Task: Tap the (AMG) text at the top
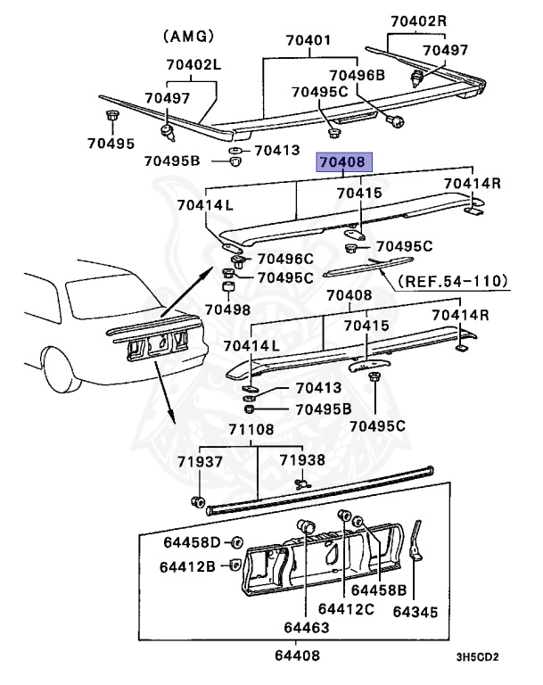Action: [189, 36]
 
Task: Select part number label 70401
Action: [309, 41]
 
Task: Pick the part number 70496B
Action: [357, 76]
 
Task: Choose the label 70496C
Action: [285, 260]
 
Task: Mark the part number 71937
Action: [200, 461]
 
